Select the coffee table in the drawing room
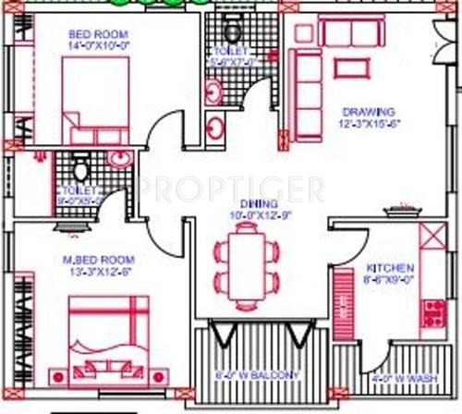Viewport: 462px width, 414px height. (347, 67)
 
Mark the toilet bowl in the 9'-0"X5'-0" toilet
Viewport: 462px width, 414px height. (80, 170)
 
